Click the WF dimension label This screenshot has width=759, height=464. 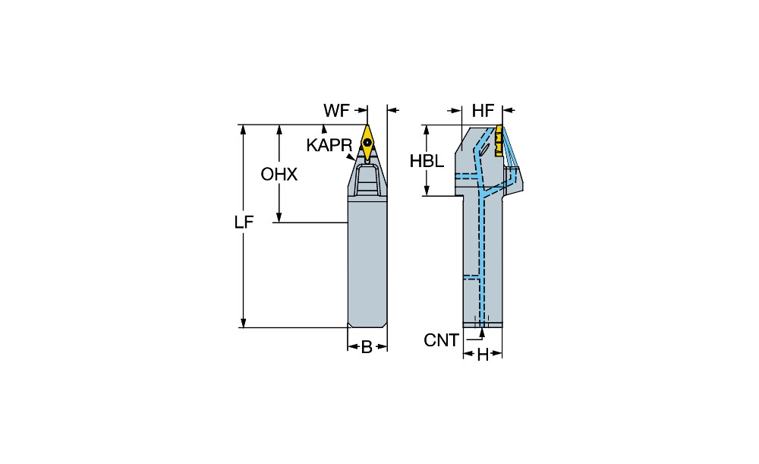[336, 111]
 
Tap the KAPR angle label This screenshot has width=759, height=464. [329, 145]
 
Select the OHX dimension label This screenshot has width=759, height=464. [279, 175]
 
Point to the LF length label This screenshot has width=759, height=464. [244, 223]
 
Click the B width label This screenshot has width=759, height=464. [367, 347]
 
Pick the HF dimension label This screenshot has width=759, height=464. [483, 111]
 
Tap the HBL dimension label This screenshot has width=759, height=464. [427, 161]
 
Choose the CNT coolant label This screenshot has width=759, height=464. [441, 340]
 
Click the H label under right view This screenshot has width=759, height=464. [483, 355]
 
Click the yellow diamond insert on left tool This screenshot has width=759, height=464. [367, 143]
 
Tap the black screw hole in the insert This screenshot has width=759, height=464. [368, 143]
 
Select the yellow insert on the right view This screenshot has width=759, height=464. [499, 141]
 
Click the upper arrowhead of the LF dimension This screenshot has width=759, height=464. [244, 129]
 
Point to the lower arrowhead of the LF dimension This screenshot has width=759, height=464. [244, 323]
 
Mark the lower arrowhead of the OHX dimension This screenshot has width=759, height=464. [279, 218]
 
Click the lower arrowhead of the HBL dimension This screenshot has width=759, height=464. [427, 191]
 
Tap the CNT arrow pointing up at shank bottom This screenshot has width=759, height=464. [482, 333]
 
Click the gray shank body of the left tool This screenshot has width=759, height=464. [367, 261]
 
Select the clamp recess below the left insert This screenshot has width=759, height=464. [367, 179]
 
